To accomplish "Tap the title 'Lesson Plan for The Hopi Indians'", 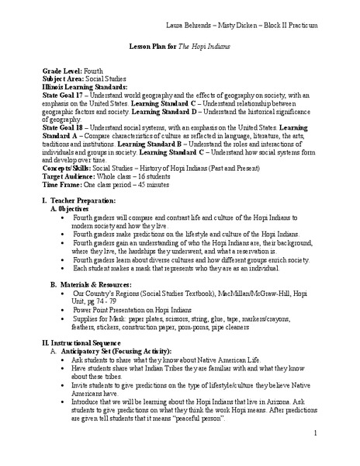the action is click(180, 47).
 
